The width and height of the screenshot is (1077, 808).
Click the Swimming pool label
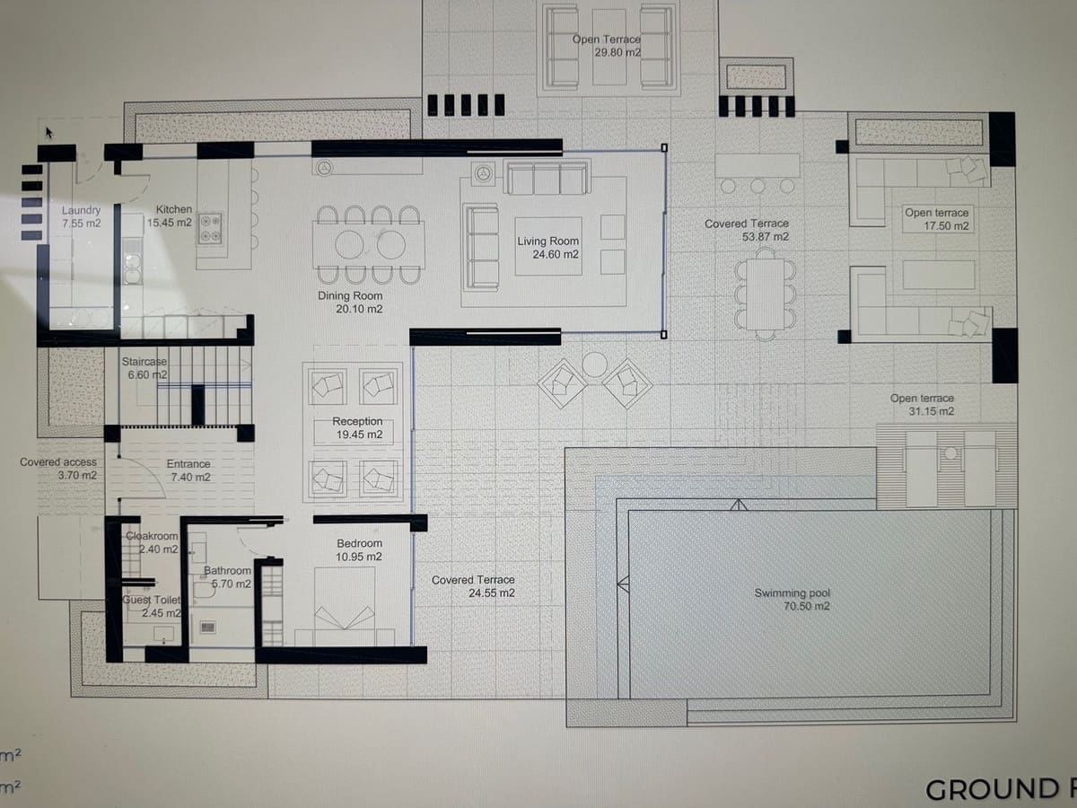click(x=792, y=600)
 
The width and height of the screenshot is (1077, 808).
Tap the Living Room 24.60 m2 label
click(x=548, y=248)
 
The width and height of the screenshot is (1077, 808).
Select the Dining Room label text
click(x=350, y=302)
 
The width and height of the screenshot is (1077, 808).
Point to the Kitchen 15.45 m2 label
click(x=173, y=215)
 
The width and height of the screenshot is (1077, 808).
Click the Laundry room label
click(x=82, y=216)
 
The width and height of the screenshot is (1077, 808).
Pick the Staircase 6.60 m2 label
click(x=144, y=368)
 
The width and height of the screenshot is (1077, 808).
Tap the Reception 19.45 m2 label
click(x=357, y=427)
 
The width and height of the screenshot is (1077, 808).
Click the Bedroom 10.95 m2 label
click(x=359, y=549)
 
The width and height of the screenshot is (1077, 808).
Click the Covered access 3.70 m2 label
click(x=58, y=469)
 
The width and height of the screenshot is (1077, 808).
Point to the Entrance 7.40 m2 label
click(x=189, y=470)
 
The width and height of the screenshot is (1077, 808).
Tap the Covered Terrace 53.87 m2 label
click(x=747, y=230)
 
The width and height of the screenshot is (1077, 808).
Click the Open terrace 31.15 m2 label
click(x=923, y=405)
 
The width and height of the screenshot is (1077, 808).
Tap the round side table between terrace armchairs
click(x=595, y=364)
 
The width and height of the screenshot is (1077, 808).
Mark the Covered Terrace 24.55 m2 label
click(x=474, y=586)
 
